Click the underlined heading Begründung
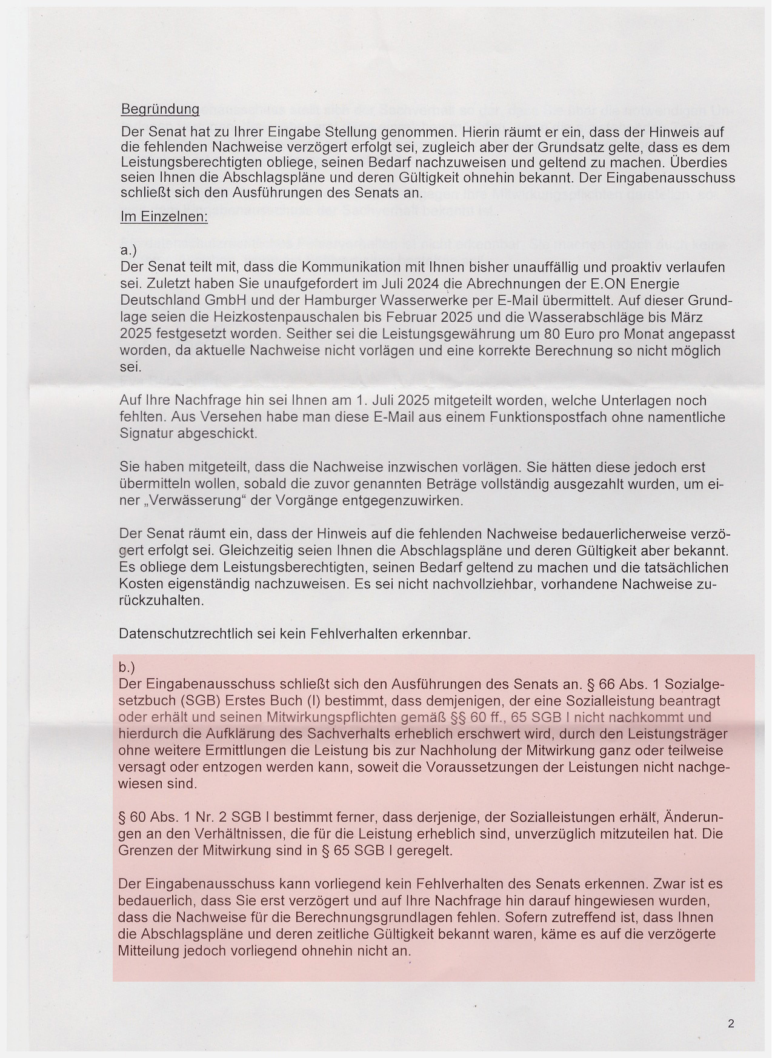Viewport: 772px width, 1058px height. coord(160,109)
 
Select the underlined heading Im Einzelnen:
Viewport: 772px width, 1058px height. coord(164,217)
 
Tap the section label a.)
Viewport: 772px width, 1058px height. coord(128,250)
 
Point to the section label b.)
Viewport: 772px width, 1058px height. coord(127,667)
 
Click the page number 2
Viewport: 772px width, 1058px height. coord(731,1023)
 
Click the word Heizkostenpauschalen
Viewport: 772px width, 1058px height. coord(282,317)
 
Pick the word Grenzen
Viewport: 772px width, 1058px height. coord(143,850)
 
